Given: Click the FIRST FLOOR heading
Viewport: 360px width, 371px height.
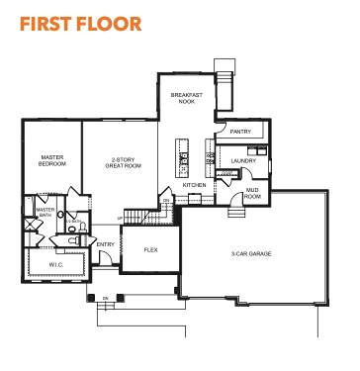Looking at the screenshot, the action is [x=81, y=24].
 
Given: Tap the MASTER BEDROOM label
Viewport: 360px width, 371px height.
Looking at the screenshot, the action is [x=52, y=160].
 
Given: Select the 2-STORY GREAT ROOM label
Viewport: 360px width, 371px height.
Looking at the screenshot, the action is [x=124, y=162].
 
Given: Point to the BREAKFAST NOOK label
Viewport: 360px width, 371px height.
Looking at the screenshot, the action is [x=187, y=98].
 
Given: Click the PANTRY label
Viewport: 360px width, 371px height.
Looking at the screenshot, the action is [x=240, y=132].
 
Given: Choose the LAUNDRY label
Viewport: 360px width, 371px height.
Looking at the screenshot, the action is [x=243, y=161].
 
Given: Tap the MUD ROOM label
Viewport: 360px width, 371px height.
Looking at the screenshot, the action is [x=252, y=193].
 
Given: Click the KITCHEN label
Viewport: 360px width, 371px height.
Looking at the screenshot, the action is [x=195, y=185].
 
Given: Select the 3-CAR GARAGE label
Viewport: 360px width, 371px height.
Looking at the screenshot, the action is [x=251, y=254].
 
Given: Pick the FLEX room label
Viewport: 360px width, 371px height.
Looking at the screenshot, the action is [x=151, y=250].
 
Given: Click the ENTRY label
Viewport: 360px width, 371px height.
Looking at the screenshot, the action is [x=106, y=244].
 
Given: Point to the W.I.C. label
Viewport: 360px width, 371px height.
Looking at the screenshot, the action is [x=56, y=265].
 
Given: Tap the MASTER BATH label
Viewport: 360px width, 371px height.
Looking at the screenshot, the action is [x=45, y=213].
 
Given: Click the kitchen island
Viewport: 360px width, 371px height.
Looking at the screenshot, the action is [x=182, y=157].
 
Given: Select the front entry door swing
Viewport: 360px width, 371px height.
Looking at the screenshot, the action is [x=106, y=257].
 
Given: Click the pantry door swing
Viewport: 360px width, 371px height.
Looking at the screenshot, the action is [x=221, y=127].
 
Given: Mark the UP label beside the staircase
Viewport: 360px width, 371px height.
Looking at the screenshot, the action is [x=120, y=218].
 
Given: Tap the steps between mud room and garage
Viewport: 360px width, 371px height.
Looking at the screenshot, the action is [x=236, y=212].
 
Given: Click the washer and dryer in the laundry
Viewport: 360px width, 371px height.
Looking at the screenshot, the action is [x=257, y=151].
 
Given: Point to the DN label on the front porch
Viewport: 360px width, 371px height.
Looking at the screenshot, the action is [x=106, y=299].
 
